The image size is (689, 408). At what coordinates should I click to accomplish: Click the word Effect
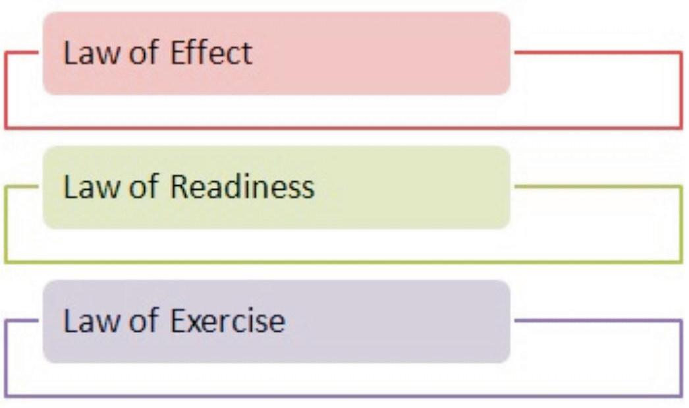pyautogui.click(x=211, y=53)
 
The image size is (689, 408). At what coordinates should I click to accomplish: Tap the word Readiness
pyautogui.click(x=242, y=187)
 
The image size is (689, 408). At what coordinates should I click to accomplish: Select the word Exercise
pyautogui.click(x=228, y=321)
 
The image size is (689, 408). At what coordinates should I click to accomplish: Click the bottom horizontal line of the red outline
pyautogui.click(x=343, y=127)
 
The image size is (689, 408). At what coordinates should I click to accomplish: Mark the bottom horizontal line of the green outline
pyautogui.click(x=343, y=262)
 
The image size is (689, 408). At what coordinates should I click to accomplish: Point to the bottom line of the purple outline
pyautogui.click(x=343, y=396)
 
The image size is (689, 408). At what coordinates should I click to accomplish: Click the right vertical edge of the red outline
pyautogui.click(x=682, y=90)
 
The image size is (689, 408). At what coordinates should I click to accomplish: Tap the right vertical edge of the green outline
pyautogui.click(x=682, y=224)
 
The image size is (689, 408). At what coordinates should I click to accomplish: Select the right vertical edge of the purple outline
pyautogui.click(x=682, y=359)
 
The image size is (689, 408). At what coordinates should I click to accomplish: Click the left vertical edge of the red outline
pyautogui.click(x=5, y=90)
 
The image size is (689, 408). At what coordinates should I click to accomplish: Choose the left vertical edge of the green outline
pyautogui.click(x=5, y=224)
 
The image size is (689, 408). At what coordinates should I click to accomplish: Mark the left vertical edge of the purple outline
pyautogui.click(x=5, y=359)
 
